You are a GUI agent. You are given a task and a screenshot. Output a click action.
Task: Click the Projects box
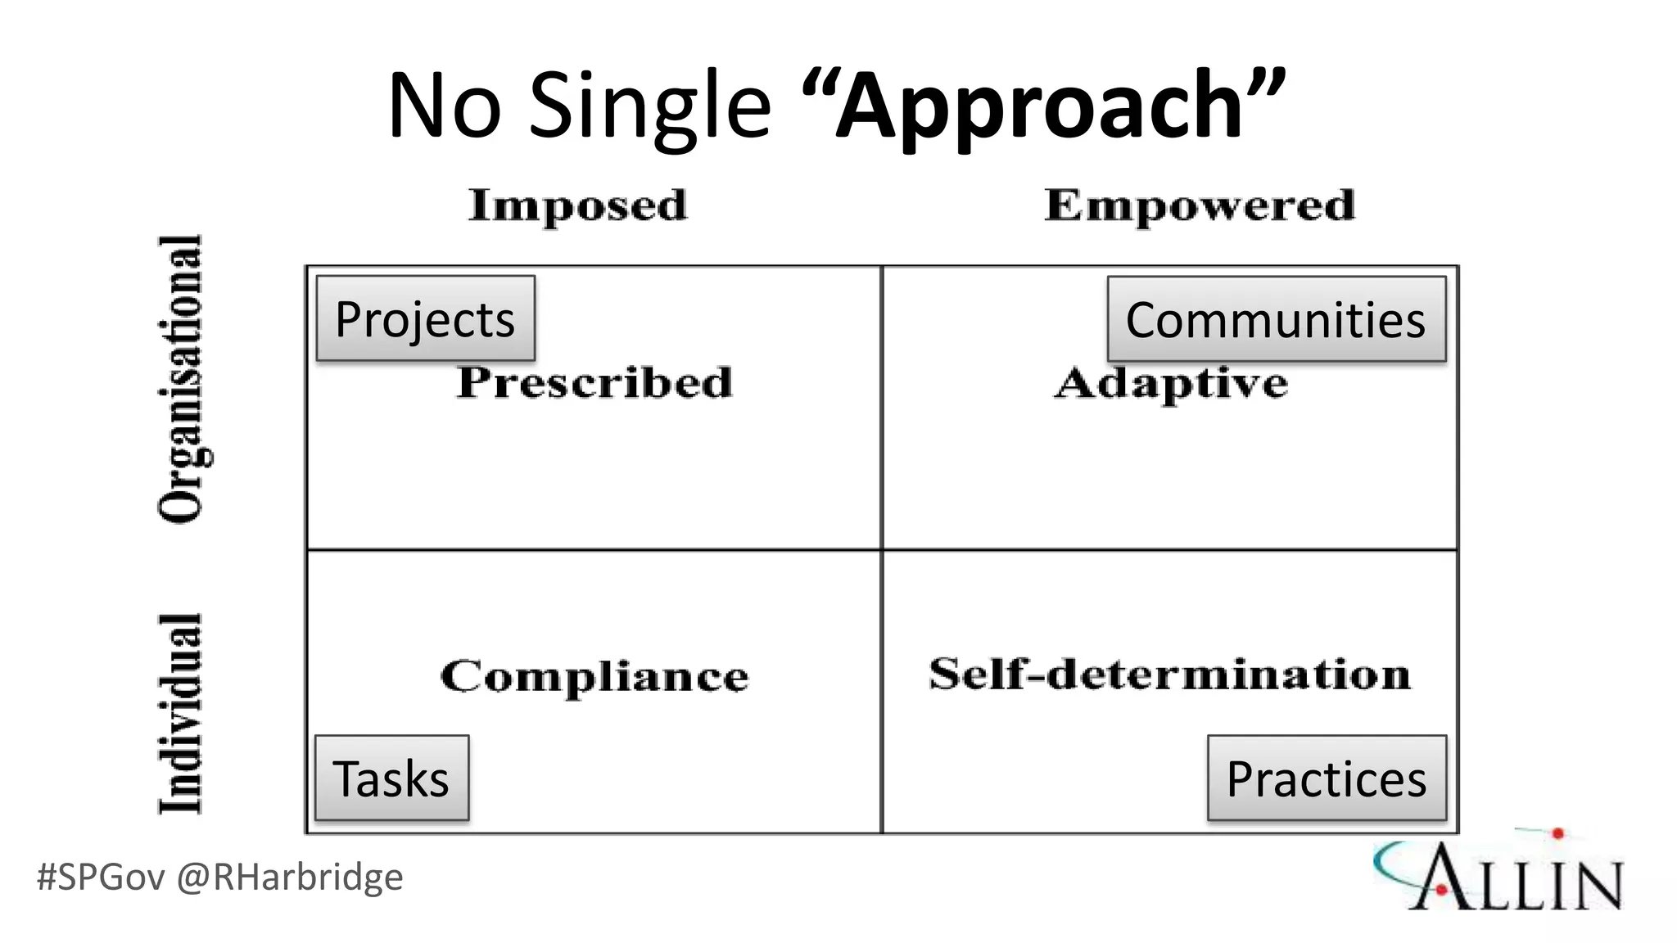pyautogui.click(x=425, y=318)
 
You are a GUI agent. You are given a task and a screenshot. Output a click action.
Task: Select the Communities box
pyautogui.click(x=1276, y=319)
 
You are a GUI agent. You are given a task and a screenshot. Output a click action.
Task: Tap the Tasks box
pyautogui.click(x=391, y=778)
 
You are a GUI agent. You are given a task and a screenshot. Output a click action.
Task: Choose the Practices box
pyautogui.click(x=1327, y=778)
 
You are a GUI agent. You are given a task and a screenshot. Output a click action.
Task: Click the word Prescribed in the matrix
pyautogui.click(x=594, y=383)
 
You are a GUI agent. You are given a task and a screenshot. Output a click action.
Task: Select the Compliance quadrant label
pyautogui.click(x=594, y=676)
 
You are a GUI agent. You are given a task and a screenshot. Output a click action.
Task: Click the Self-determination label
pyautogui.click(x=1169, y=675)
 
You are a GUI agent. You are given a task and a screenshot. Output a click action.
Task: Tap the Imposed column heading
pyautogui.click(x=578, y=205)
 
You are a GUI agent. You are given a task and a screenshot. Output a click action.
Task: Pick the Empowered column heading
pyautogui.click(x=1200, y=205)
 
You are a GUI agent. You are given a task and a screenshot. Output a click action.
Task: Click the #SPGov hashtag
pyautogui.click(x=102, y=878)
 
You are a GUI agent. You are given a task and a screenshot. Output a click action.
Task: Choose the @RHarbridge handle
pyautogui.click(x=290, y=878)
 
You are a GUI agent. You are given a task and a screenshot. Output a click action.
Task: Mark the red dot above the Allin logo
pyautogui.click(x=1557, y=834)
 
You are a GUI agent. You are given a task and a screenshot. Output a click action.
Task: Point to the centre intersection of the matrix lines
pyautogui.click(x=882, y=550)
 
